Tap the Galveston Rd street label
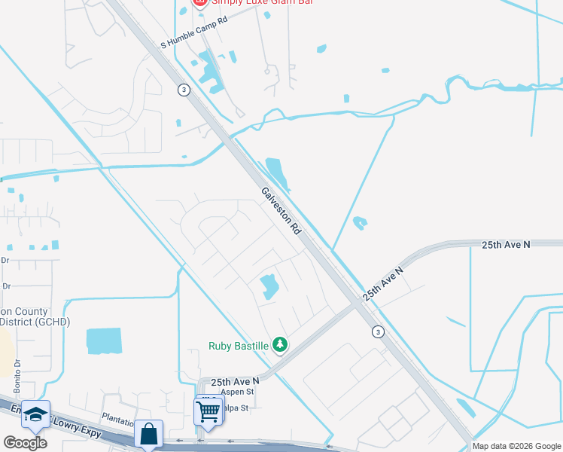pyautogui.click(x=281, y=210)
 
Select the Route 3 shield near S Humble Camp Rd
pyautogui.click(x=184, y=89)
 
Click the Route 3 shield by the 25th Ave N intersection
pyautogui.click(x=378, y=331)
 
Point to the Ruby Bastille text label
pyautogui.click(x=239, y=346)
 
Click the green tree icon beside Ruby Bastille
pyautogui.click(x=280, y=345)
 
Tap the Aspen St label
pyautogui.click(x=237, y=392)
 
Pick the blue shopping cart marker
pyautogui.click(x=207, y=411)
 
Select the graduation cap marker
pyautogui.click(x=35, y=414)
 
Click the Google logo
pyautogui.click(x=25, y=442)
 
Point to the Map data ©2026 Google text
pyautogui.click(x=516, y=446)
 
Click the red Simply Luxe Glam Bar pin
pyautogui.click(x=199, y=2)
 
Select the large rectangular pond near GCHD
pyautogui.click(x=103, y=341)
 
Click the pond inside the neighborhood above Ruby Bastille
pyautogui.click(x=269, y=286)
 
